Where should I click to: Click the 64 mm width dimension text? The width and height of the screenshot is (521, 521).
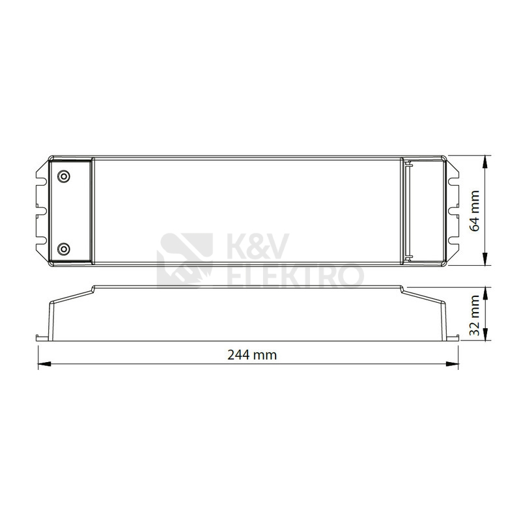(475, 210)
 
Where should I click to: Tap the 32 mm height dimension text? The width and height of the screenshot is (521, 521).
(475, 314)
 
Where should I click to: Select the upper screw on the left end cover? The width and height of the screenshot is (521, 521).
(63, 176)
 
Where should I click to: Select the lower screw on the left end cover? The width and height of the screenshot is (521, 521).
(63, 248)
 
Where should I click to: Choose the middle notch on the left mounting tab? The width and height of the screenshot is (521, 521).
(41, 211)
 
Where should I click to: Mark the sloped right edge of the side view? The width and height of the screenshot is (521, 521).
(427, 299)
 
